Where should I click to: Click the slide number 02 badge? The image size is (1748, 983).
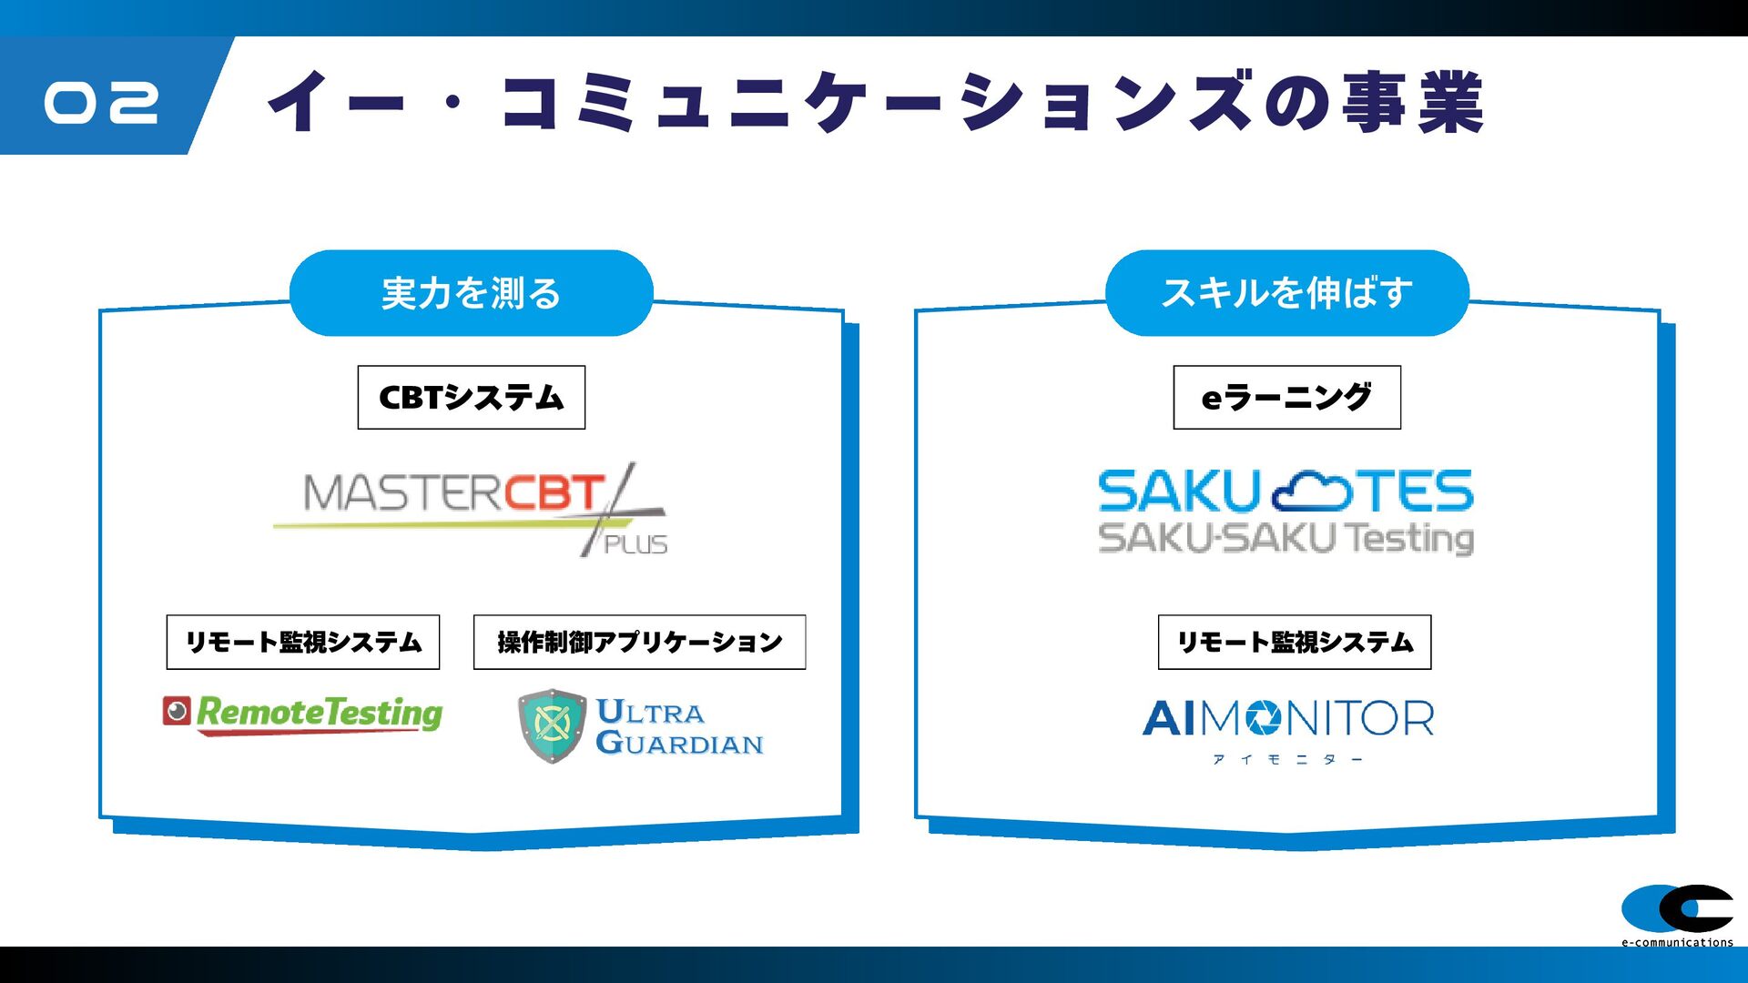[102, 102]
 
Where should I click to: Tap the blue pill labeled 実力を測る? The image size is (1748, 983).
[472, 293]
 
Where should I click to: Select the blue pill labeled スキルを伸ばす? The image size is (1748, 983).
[1287, 293]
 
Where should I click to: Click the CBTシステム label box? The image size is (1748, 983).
[472, 397]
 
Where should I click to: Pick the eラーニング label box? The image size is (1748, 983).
[1287, 397]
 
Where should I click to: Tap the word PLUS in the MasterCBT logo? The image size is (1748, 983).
[635, 544]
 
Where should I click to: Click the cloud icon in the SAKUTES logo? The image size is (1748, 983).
[1311, 491]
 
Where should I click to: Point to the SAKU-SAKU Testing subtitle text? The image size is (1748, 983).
[1286, 538]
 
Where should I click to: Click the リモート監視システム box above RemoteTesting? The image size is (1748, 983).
[303, 642]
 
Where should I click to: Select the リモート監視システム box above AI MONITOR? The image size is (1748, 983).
[1295, 642]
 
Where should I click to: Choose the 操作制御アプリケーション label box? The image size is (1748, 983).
[639, 642]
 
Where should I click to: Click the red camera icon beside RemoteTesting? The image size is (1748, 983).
[177, 711]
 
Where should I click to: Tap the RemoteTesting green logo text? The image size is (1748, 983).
[320, 713]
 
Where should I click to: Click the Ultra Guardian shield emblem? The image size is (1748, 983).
[552, 725]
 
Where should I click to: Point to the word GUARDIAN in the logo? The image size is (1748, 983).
[680, 743]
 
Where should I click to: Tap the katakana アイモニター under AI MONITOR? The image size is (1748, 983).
[1287, 759]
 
